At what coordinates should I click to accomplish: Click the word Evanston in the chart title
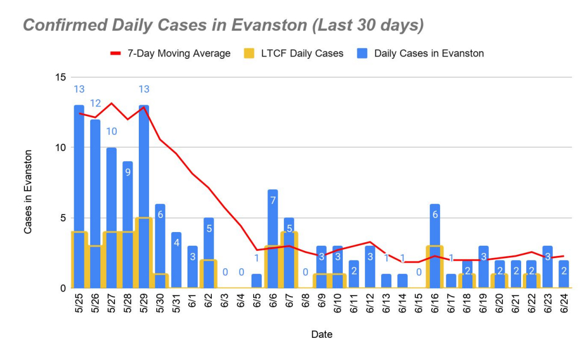tap(253, 25)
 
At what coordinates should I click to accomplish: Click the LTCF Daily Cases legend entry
tap(302, 54)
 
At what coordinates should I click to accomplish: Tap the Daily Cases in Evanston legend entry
tap(429, 54)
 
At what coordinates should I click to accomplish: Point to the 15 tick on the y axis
tap(59, 77)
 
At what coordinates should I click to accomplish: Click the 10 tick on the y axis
tap(59, 148)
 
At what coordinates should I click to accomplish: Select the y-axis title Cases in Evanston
tap(28, 192)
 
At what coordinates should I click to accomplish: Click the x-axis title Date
tap(322, 335)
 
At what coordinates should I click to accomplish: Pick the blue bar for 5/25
tap(79, 170)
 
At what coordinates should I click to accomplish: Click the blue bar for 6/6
tap(272, 215)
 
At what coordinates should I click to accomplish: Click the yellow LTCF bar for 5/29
tap(144, 252)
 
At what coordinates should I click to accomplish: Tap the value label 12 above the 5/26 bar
tap(95, 103)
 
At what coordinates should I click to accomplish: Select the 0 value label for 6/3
tap(224, 272)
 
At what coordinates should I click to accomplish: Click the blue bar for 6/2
tap(208, 238)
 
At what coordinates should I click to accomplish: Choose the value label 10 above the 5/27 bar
tap(111, 131)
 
